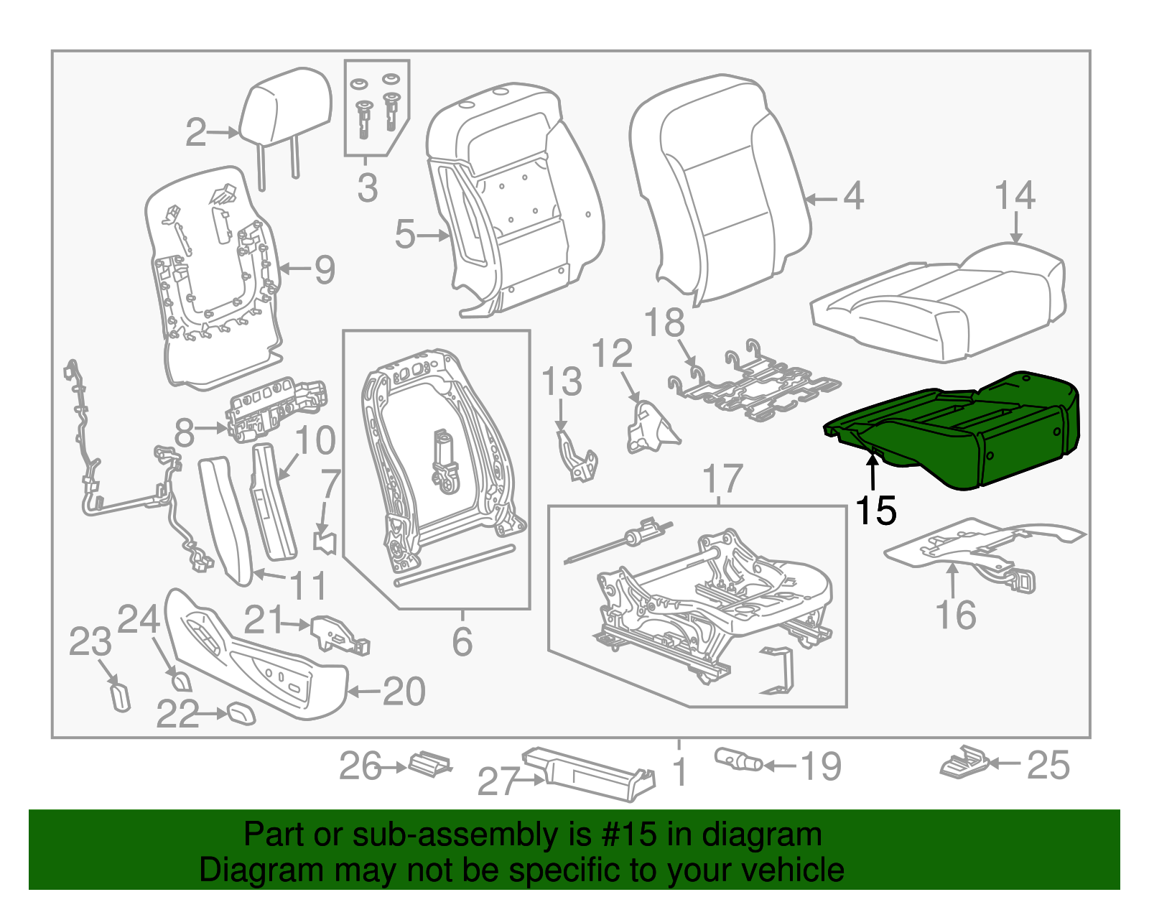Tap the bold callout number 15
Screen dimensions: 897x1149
point(875,511)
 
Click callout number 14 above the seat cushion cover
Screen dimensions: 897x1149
point(1015,195)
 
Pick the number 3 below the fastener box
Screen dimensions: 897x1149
point(367,187)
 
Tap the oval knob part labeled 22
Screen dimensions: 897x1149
point(241,714)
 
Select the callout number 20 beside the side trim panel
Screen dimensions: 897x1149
point(404,692)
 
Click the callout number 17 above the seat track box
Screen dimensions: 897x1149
point(722,479)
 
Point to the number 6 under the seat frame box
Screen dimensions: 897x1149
point(462,641)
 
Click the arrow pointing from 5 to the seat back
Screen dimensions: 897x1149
point(434,235)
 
